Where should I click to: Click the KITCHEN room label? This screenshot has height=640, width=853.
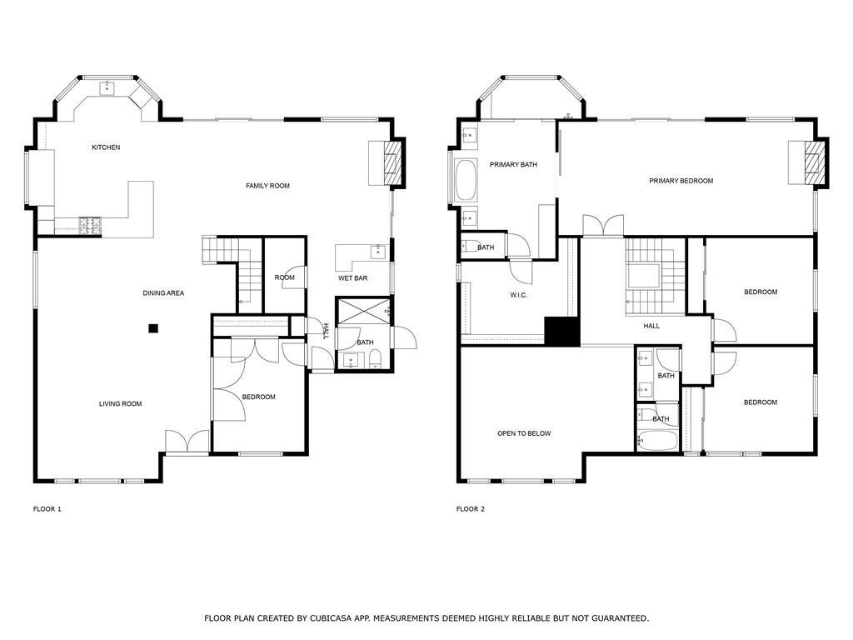(x=106, y=147)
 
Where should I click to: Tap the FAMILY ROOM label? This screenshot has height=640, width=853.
(x=267, y=186)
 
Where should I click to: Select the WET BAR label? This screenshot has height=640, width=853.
(x=352, y=278)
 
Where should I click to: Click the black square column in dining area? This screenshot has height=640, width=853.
(x=153, y=328)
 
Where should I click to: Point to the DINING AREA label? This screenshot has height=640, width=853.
(x=163, y=293)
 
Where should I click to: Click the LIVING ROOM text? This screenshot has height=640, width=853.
(x=120, y=404)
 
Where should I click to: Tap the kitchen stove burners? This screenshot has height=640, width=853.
(x=89, y=223)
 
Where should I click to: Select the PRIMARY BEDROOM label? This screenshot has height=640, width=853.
(x=681, y=181)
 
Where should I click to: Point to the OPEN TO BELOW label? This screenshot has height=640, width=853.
(x=524, y=433)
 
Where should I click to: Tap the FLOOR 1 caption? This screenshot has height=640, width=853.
(x=47, y=508)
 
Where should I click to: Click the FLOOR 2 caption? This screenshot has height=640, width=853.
(x=471, y=508)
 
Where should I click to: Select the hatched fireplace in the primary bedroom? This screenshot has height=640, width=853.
(x=816, y=162)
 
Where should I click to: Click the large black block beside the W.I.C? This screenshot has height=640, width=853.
(x=562, y=331)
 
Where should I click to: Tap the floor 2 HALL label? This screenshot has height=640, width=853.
(x=651, y=326)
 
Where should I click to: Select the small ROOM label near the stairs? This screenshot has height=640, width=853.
(x=285, y=278)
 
